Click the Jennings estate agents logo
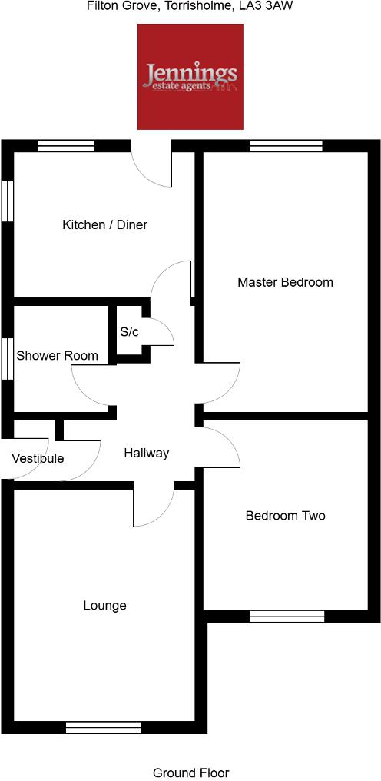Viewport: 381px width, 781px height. coord(190,76)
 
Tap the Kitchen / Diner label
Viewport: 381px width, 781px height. coord(104,225)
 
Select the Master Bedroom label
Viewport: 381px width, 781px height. coord(285,282)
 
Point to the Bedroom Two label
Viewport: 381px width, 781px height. coord(285,516)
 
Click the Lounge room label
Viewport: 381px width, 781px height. coord(104,606)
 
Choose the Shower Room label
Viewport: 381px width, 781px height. coord(58,355)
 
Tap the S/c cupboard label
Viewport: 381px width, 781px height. coord(129,332)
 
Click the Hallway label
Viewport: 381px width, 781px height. coord(146,454)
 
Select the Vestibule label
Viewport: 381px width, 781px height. coord(38,459)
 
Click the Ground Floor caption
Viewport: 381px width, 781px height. coord(190,773)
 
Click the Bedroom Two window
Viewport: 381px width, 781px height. coord(287,616)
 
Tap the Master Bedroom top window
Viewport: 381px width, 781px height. coord(286,146)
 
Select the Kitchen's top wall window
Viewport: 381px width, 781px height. coord(66,146)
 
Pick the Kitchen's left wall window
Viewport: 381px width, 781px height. coord(8,201)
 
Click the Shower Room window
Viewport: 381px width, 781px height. coord(8,358)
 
